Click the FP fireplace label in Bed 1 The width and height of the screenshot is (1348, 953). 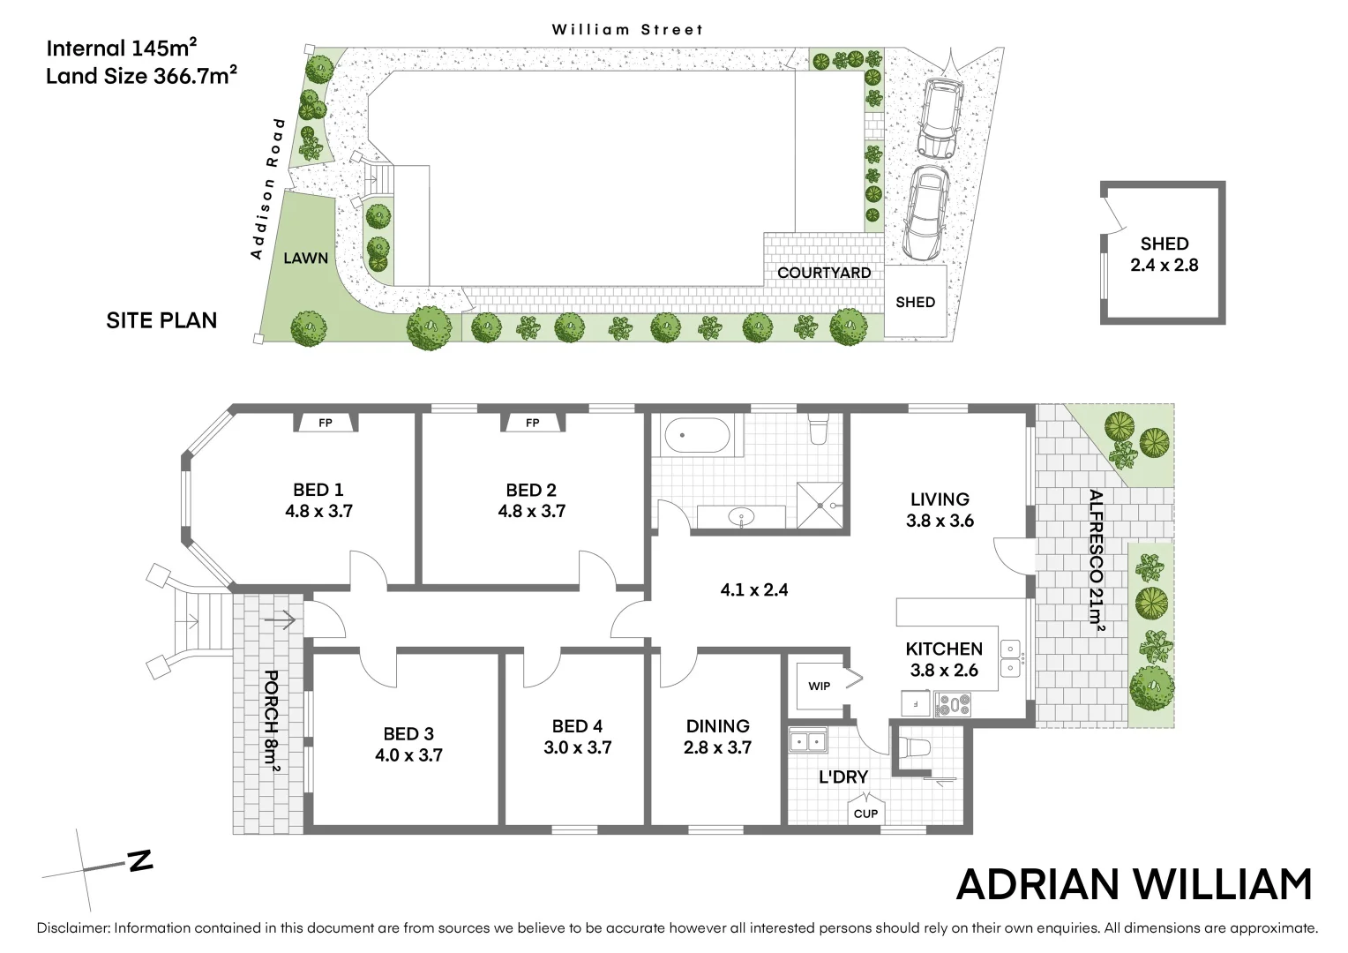(326, 424)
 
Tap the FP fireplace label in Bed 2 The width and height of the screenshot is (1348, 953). (532, 424)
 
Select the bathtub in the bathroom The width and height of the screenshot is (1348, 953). (697, 437)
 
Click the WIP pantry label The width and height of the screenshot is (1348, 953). (820, 686)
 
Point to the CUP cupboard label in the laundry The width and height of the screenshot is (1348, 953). (865, 814)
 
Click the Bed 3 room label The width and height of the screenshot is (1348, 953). (408, 733)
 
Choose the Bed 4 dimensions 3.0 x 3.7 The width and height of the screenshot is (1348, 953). (578, 747)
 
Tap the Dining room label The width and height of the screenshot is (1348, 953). (718, 726)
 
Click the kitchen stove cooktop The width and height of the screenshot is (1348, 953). (953, 704)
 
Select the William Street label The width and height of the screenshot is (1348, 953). (628, 29)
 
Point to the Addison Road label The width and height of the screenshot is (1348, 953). (268, 188)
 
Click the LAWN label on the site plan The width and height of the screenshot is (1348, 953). (306, 259)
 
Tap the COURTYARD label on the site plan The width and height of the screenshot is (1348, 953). (824, 273)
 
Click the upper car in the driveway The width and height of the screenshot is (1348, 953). (937, 117)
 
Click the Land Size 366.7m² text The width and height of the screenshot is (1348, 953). (142, 76)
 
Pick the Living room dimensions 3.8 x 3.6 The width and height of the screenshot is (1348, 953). (940, 521)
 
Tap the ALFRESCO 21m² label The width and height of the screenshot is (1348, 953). (1096, 560)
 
